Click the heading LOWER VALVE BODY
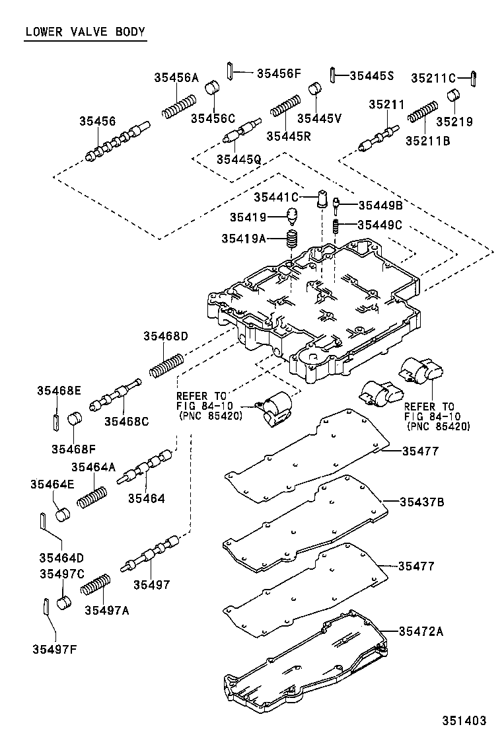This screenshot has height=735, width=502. pyautogui.click(x=85, y=32)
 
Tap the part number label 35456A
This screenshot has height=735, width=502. pyautogui.click(x=176, y=77)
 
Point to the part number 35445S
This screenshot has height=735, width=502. pyautogui.click(x=371, y=76)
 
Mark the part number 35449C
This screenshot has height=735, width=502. pyautogui.click(x=380, y=225)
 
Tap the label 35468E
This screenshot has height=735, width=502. pyautogui.click(x=59, y=391)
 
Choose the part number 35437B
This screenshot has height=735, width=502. pyautogui.click(x=421, y=502)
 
